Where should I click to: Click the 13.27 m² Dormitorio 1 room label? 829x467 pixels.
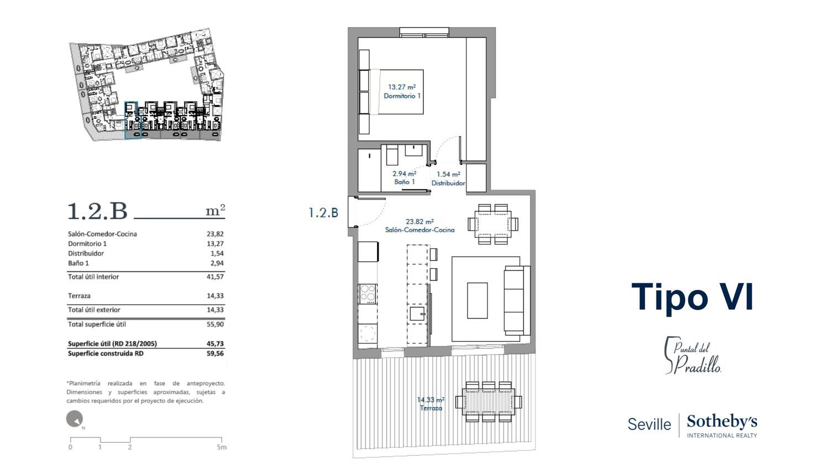(402, 91)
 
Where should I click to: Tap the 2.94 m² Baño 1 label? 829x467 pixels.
(404, 178)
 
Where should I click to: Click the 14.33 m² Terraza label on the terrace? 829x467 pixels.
(431, 404)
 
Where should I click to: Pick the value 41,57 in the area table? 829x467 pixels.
(215, 277)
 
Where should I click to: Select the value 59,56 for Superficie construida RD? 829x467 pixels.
(215, 354)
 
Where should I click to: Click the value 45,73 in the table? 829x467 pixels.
(215, 344)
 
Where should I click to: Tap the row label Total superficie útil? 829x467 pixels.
(97, 324)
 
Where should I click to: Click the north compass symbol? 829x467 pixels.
(75, 419)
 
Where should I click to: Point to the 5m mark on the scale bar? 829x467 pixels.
(221, 447)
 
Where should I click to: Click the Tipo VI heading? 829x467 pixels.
(692, 297)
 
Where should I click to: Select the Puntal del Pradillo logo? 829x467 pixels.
(693, 355)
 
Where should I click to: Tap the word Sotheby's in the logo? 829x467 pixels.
(722, 422)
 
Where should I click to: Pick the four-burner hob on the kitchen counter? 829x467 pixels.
(368, 294)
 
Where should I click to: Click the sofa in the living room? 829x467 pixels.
(517, 300)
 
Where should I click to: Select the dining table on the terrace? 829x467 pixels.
(488, 402)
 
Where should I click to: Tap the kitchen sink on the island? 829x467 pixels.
(418, 313)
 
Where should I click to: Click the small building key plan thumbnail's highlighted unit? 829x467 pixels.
(133, 121)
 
